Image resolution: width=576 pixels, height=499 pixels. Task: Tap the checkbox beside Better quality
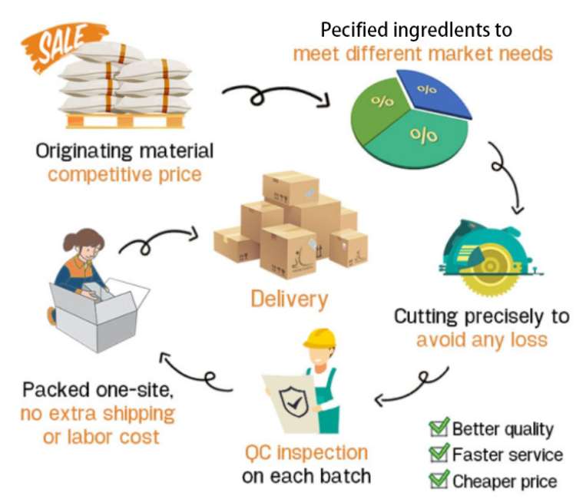(439, 428)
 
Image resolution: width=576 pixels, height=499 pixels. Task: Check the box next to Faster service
(439, 454)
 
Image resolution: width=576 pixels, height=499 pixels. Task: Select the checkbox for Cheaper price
(439, 481)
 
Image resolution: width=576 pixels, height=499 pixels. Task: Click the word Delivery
(289, 298)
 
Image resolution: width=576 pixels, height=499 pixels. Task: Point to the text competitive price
(124, 174)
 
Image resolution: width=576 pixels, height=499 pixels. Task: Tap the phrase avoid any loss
(482, 339)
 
